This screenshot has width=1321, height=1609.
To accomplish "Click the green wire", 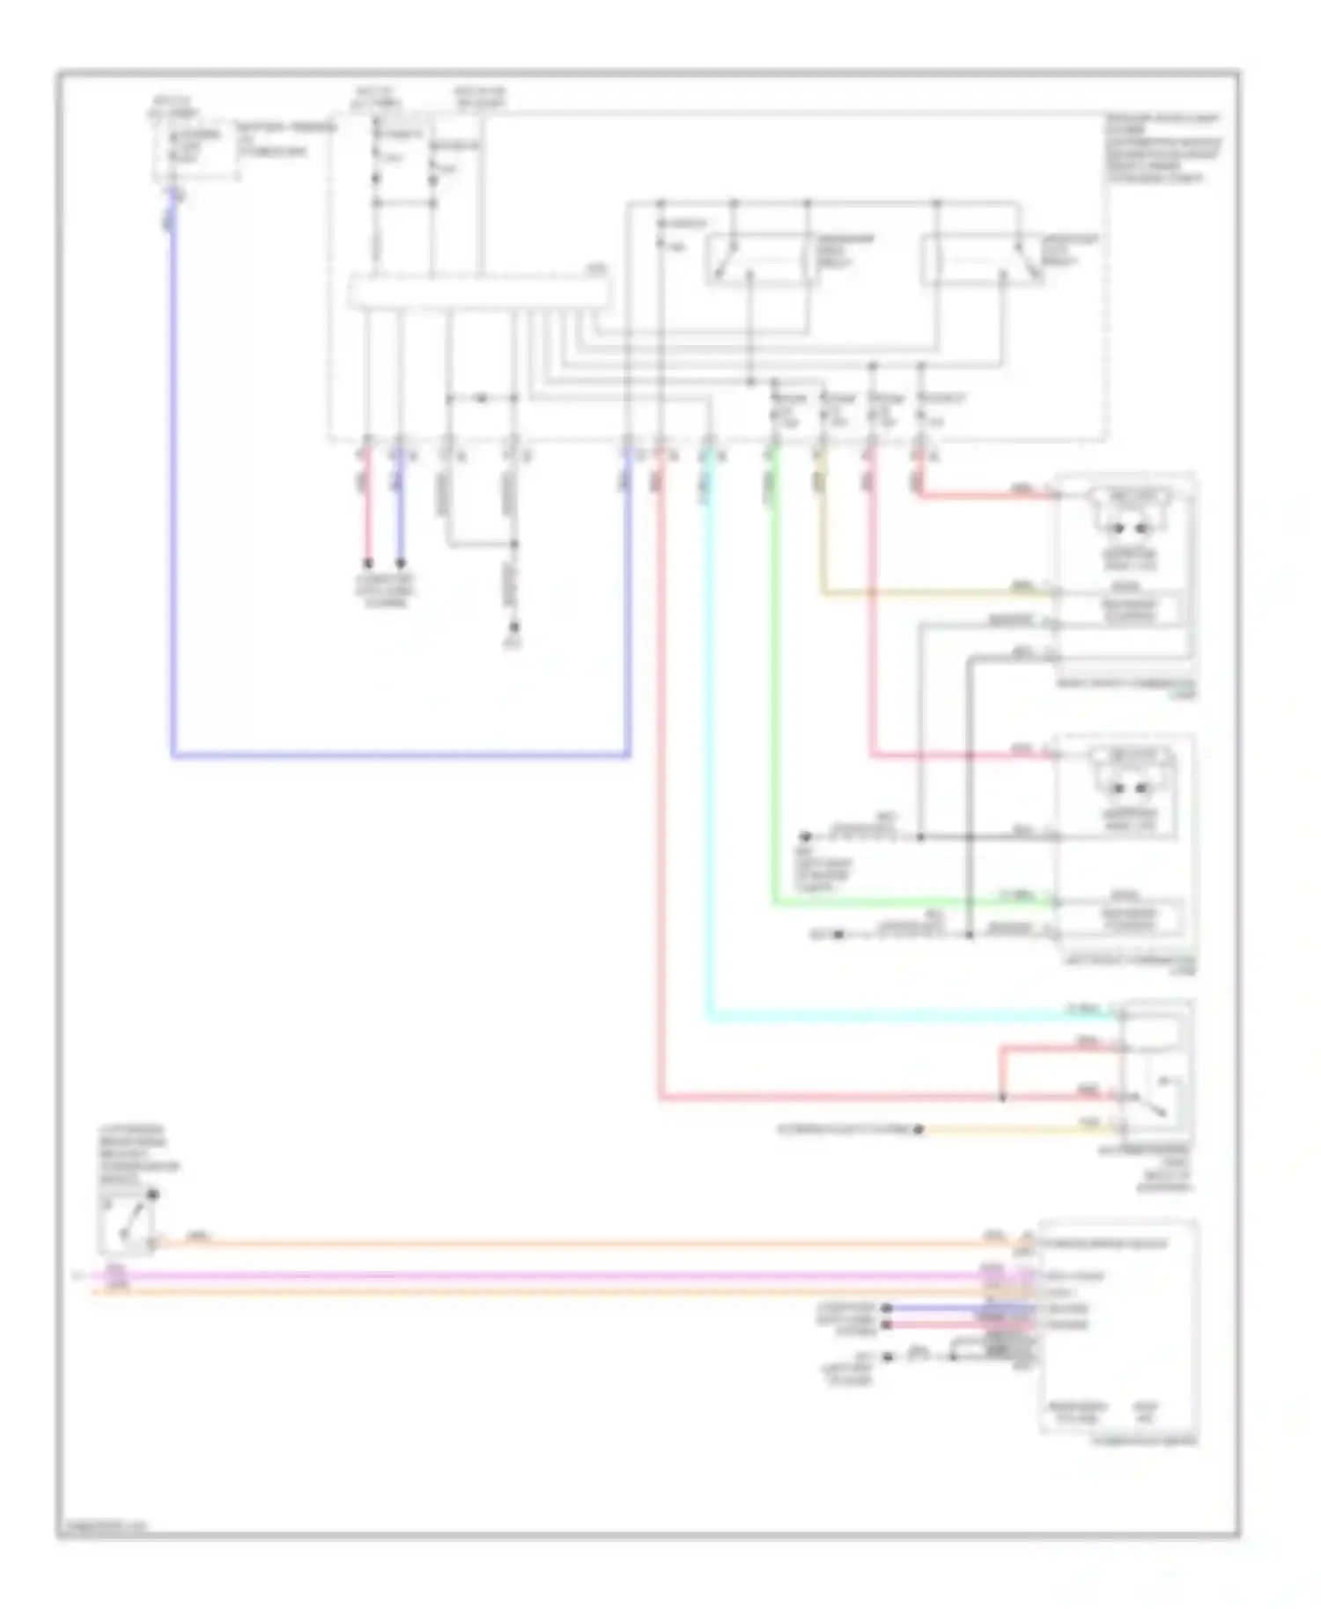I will [x=774, y=704].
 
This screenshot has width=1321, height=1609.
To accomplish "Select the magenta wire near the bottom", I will [x=528, y=1275].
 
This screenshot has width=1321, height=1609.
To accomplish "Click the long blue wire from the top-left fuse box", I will [x=173, y=528].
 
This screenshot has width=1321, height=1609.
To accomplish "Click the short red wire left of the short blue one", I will [x=368, y=511].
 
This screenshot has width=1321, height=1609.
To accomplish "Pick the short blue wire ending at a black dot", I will [x=401, y=511].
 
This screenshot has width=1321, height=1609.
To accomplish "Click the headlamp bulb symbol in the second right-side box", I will [x=1131, y=775].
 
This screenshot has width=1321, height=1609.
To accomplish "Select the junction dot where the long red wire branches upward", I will [x=1002, y=1098].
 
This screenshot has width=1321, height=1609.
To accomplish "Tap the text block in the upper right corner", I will [x=1162, y=148].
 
